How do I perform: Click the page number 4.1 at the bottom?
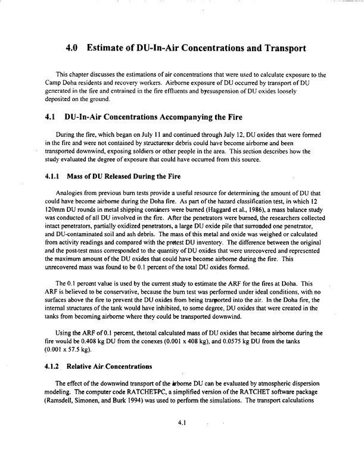tap(183, 423)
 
